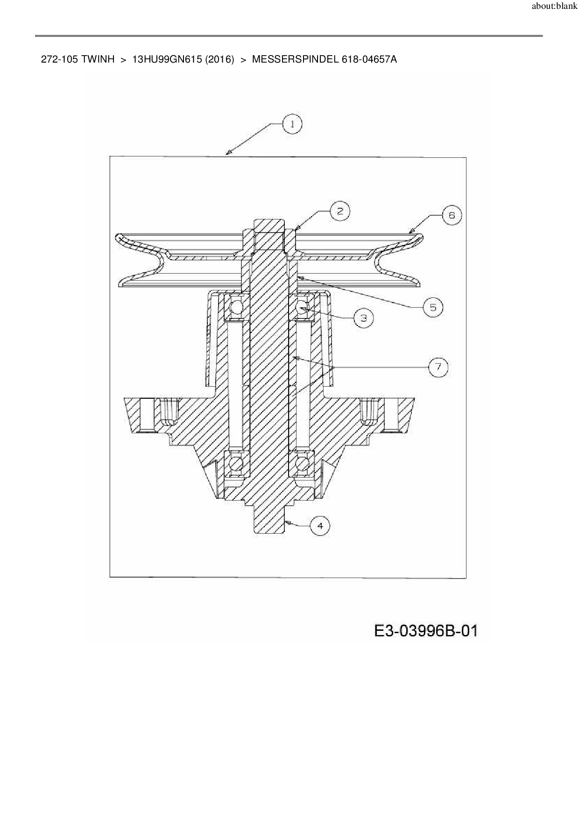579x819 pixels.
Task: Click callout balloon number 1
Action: (292, 124)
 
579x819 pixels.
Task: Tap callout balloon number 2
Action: (340, 212)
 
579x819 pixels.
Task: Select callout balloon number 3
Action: (364, 318)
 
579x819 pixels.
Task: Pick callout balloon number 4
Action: (320, 526)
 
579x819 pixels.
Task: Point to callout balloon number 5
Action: (433, 307)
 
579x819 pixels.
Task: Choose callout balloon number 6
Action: (452, 215)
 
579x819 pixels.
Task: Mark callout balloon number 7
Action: (438, 367)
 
